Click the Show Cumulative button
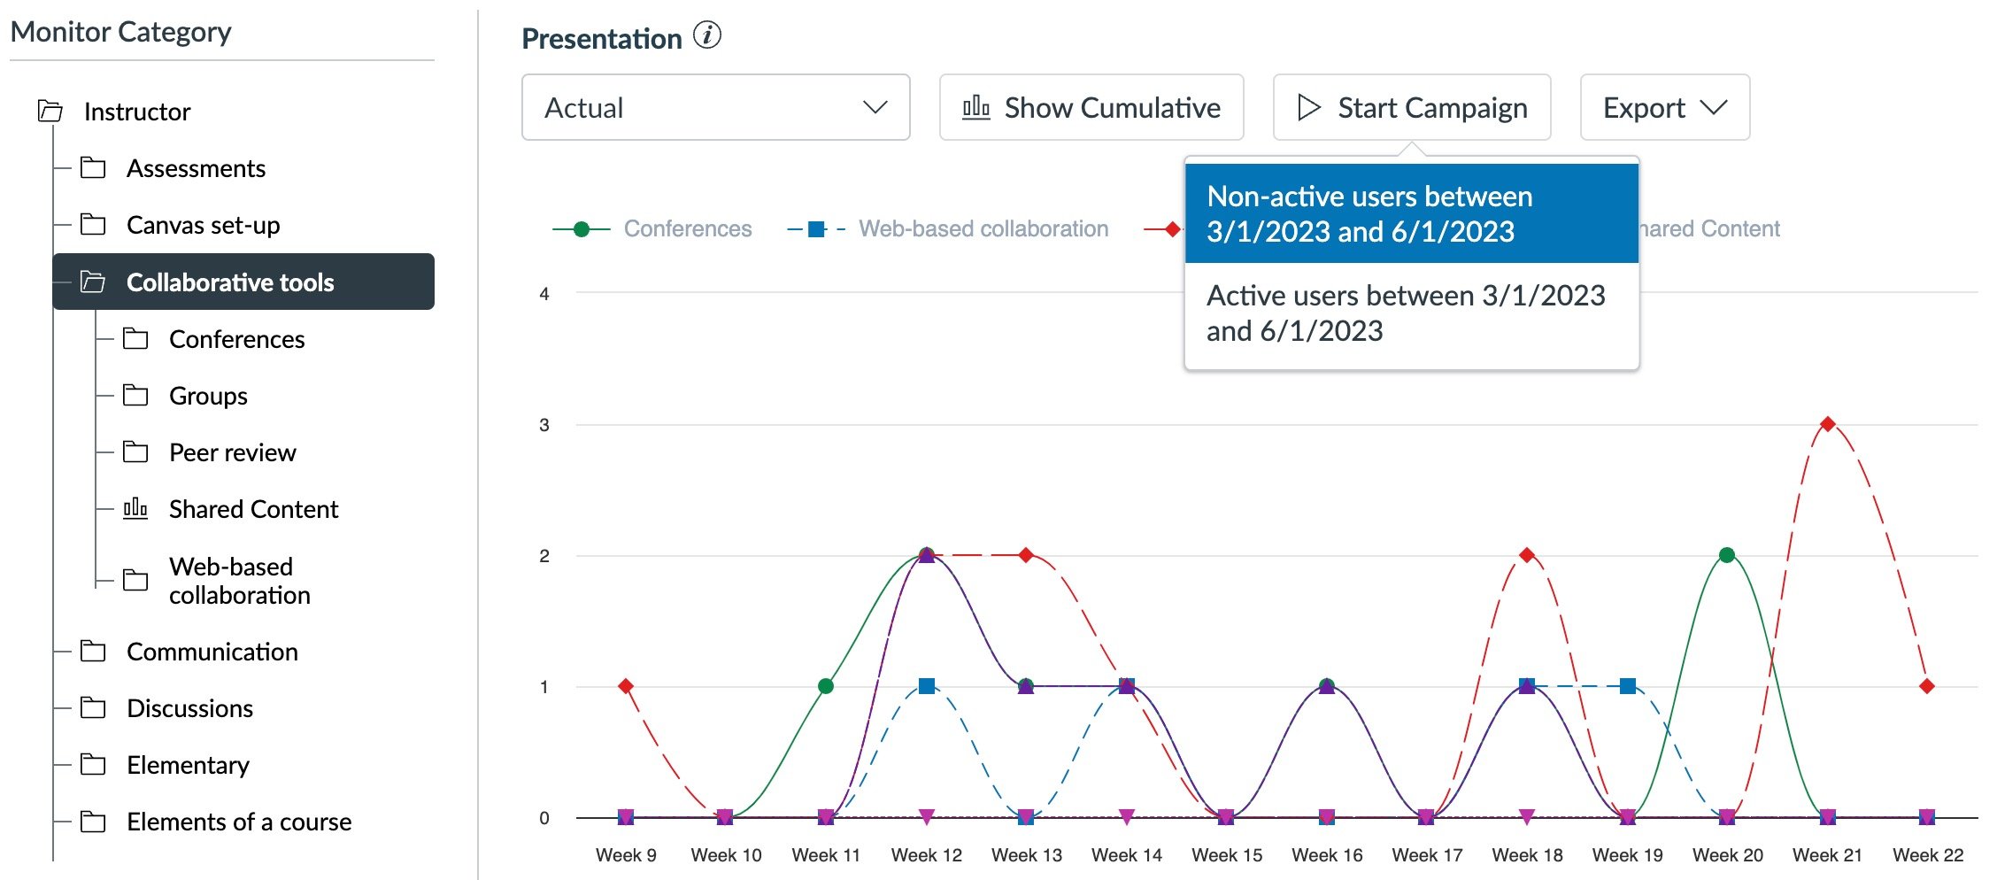tap(1091, 108)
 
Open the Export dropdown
tap(1664, 108)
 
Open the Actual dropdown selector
tap(715, 108)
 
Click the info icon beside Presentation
tap(707, 36)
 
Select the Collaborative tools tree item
tap(230, 282)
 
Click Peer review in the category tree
tap(232, 452)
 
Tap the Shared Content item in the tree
tap(253, 509)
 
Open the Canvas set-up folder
tap(203, 225)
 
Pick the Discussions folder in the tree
tap(189, 708)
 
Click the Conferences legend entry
tap(687, 229)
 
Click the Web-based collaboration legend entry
tap(983, 229)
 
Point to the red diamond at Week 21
tap(1827, 424)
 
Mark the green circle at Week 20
tap(1726, 555)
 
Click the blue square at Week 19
tap(1627, 686)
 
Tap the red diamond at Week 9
tap(626, 686)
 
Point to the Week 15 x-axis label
tap(1227, 855)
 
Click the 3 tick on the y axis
tap(544, 425)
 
